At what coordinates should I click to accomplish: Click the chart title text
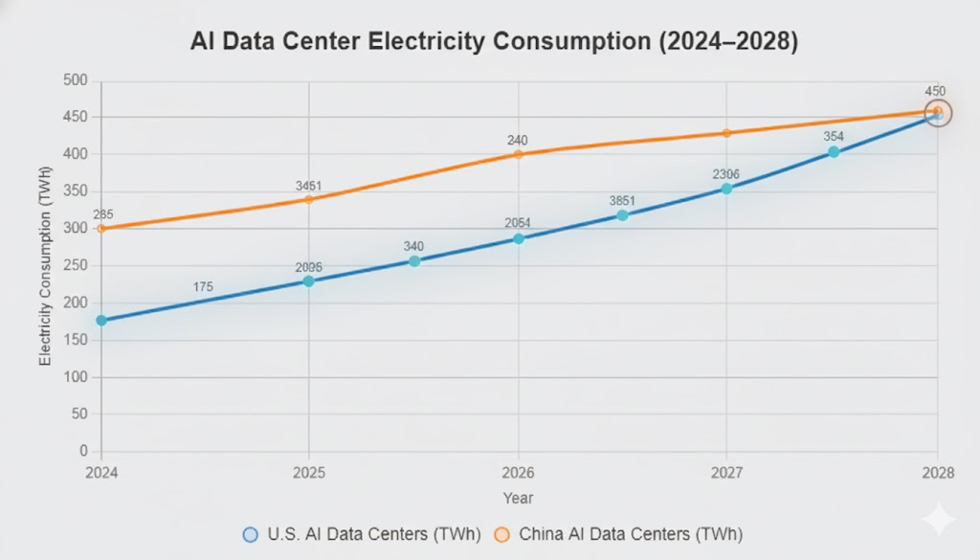coord(489,41)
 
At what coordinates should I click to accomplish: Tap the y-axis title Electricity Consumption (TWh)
coord(44,266)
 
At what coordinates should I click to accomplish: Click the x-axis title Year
coord(518,498)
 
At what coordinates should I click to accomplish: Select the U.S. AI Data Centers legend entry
coord(365,534)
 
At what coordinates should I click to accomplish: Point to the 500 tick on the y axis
coord(75,80)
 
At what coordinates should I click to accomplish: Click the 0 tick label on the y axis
coord(83,451)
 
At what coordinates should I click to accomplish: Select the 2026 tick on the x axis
coord(518,473)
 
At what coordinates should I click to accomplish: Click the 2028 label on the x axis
coord(937,473)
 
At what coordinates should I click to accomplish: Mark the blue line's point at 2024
coord(101,321)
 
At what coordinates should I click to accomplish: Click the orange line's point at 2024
coord(101,229)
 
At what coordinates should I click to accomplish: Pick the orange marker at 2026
coord(518,154)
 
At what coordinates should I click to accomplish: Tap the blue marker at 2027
coord(726,189)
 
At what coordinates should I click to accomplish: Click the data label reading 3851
coord(622,200)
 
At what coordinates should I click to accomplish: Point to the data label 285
coord(102,214)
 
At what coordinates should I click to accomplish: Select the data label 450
coord(935,91)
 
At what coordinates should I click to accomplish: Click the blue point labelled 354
coord(834,152)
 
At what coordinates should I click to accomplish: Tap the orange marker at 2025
coord(308,199)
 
